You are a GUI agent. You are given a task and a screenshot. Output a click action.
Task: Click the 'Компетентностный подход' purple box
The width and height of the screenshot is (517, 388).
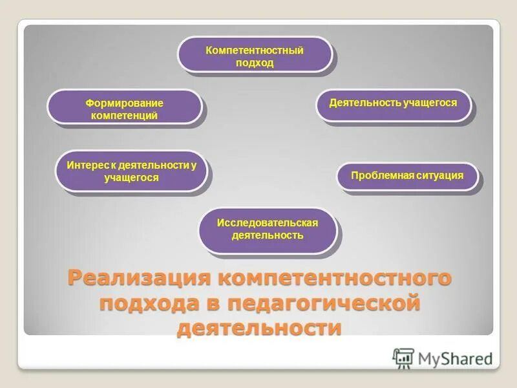tap(255, 54)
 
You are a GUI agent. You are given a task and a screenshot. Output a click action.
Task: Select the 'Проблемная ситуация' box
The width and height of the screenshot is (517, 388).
tap(407, 176)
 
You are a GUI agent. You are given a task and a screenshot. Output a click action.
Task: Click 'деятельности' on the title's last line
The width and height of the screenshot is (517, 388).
tap(258, 327)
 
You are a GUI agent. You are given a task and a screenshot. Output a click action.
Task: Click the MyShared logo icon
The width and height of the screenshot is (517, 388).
tap(403, 358)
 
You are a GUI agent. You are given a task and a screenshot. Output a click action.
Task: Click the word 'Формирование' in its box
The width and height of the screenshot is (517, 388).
tap(125, 103)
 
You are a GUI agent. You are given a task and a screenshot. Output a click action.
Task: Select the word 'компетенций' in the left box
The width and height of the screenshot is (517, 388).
tap(125, 116)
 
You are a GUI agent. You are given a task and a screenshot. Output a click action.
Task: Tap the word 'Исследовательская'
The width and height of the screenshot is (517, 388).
tap(268, 222)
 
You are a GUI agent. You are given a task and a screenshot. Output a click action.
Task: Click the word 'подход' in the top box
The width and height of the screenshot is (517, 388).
tap(255, 63)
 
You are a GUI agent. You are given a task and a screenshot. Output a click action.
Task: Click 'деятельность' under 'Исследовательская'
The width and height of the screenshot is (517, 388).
tap(268, 235)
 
